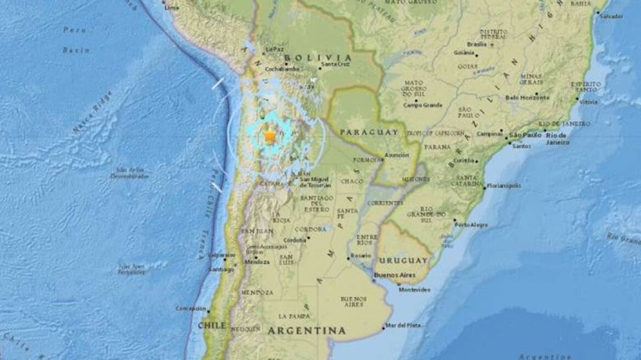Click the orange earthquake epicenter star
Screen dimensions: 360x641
[270, 137]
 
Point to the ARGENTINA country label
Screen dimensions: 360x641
[307, 330]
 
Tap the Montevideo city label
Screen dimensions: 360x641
[415, 289]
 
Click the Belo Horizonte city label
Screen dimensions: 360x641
[527, 98]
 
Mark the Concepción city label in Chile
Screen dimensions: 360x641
[191, 308]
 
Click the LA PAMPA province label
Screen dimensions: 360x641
[291, 316]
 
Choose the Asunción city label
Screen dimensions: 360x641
[397, 155]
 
